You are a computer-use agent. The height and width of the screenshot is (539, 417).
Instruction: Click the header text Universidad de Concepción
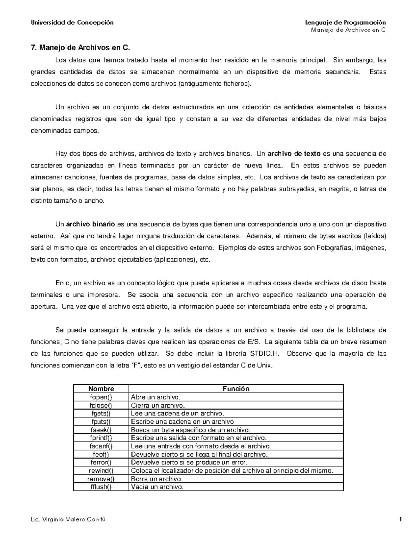72,23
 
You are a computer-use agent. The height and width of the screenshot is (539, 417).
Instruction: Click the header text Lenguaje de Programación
345,23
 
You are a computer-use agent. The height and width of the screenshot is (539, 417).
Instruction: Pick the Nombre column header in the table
101,389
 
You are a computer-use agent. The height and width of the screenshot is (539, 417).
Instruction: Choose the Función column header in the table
236,389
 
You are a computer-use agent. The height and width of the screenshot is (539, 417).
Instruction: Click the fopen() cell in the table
101,397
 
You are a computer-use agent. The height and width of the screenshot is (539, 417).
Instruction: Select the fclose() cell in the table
101,405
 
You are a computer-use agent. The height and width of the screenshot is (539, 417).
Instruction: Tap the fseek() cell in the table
101,430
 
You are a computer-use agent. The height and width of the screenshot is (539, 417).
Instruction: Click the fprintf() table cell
101,438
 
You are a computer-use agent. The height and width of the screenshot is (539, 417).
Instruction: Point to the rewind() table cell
101,471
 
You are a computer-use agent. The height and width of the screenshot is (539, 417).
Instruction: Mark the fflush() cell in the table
101,487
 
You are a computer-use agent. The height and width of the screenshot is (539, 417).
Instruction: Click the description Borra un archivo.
157,479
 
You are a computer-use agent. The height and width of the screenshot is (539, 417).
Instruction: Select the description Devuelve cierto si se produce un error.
189,462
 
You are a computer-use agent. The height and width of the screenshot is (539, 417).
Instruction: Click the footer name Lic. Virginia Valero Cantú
68,520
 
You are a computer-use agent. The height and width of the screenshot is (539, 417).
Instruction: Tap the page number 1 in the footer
401,520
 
